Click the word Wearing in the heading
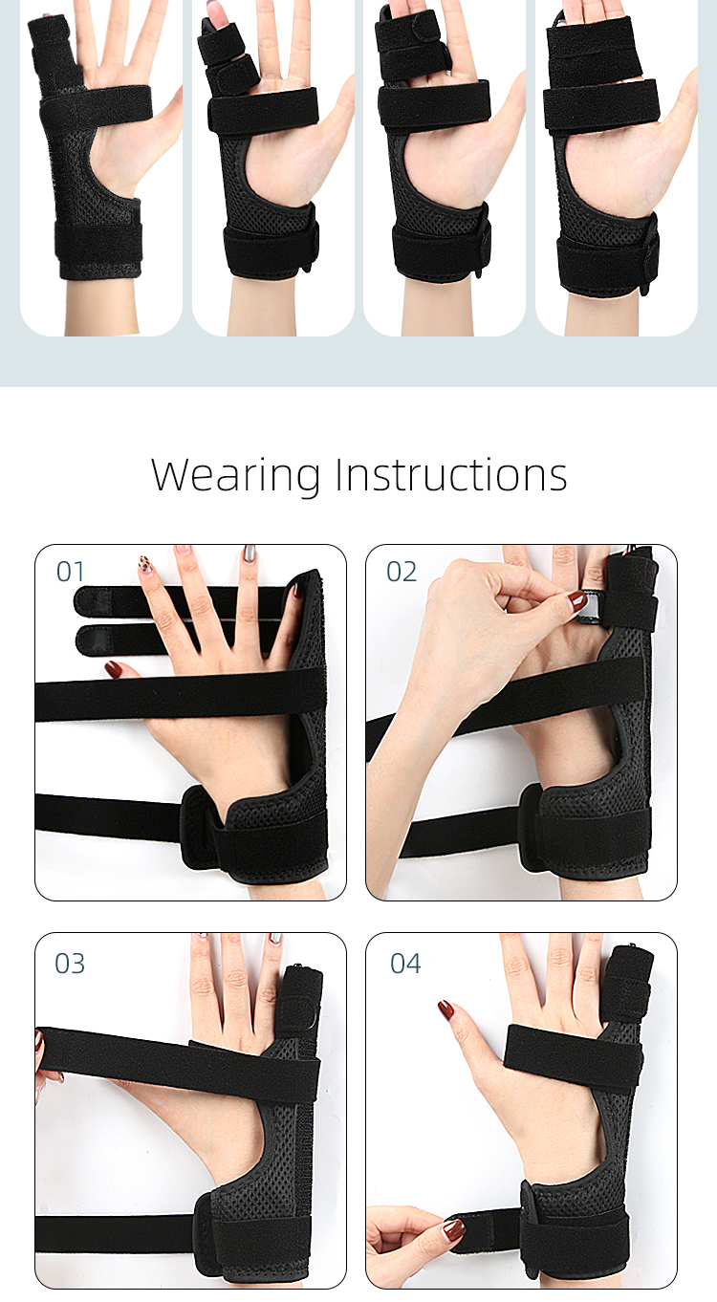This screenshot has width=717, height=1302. coord(235,475)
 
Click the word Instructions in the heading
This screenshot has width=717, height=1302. coord(450,475)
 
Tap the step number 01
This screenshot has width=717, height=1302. coord(71,572)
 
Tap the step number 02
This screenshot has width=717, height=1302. coord(402,572)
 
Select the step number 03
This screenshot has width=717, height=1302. coord(70,963)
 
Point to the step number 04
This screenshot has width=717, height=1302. coord(405,963)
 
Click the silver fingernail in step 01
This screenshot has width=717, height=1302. coord(249,553)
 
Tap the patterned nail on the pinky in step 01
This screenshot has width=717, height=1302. coord(145,565)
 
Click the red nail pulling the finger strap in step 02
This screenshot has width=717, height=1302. coord(577,601)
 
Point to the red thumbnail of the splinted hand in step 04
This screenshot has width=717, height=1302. coord(445,1009)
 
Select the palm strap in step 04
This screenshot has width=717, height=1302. coord(572,1056)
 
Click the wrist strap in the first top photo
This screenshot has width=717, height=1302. coord(99,247)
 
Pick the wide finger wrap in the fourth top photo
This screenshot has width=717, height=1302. coord(590,48)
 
